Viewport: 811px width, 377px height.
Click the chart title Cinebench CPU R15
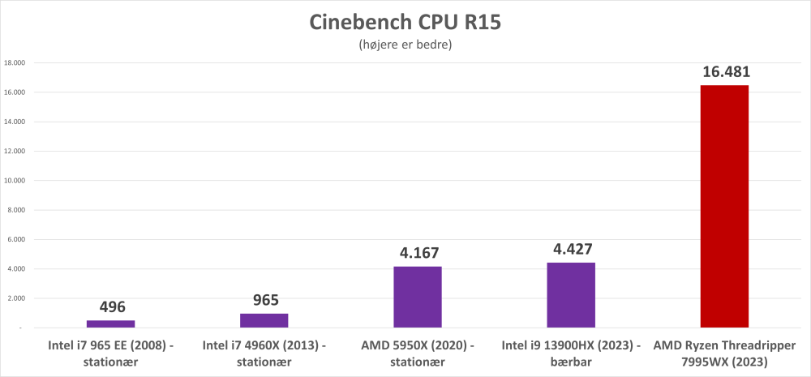[405, 22]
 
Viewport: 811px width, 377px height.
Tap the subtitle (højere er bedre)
[405, 45]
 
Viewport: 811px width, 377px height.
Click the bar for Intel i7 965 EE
[110, 323]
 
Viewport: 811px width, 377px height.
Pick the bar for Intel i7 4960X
[264, 320]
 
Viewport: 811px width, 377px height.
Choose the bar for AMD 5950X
[418, 297]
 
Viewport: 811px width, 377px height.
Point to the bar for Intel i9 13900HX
[571, 294]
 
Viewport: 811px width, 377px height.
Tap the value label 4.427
[571, 250]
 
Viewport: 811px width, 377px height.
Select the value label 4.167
[418, 254]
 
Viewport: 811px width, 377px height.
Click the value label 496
[110, 307]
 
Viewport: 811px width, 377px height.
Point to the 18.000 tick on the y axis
[15, 62]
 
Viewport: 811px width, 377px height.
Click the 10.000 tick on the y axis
[15, 180]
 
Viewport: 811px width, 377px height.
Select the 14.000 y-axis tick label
[15, 122]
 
